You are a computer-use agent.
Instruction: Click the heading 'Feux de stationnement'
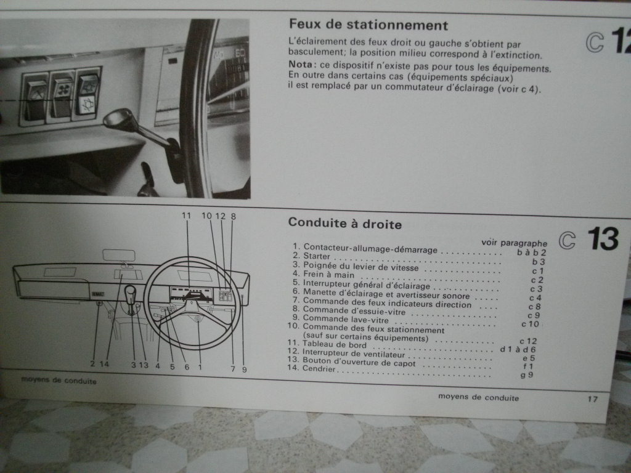point(368,26)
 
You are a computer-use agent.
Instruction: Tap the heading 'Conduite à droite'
point(344,224)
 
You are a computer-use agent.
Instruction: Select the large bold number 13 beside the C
point(602,239)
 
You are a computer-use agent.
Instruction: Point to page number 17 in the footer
point(592,398)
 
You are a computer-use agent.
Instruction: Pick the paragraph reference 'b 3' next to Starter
point(539,261)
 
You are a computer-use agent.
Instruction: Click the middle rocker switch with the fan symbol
point(62,96)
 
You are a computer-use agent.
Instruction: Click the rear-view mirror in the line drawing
point(119,254)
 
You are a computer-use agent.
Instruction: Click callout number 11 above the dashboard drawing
point(187,216)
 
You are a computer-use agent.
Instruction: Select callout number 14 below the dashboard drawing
point(104,364)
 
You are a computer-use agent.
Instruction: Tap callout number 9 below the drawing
point(244,369)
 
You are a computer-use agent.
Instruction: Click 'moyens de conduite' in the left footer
point(59,381)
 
